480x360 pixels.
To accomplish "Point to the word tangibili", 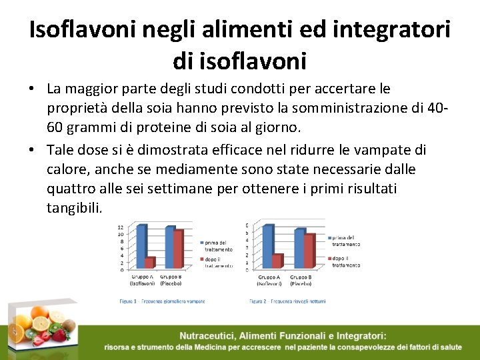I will point(74,208).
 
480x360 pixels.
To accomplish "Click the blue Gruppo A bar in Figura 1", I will point(141,247).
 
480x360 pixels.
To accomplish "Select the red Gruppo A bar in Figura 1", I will point(149,263).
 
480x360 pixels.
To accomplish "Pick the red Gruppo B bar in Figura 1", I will point(178,249).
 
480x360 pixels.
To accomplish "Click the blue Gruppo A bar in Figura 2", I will point(267,247).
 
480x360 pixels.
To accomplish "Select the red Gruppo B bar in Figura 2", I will point(309,251).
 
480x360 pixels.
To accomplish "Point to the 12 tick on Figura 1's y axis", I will point(120,227).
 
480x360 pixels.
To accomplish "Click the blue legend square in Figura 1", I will point(199,243).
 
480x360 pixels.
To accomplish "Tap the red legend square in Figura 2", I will point(329,258).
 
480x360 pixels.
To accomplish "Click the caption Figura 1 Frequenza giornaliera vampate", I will point(162,301).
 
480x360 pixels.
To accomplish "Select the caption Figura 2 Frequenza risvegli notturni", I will point(287,301).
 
